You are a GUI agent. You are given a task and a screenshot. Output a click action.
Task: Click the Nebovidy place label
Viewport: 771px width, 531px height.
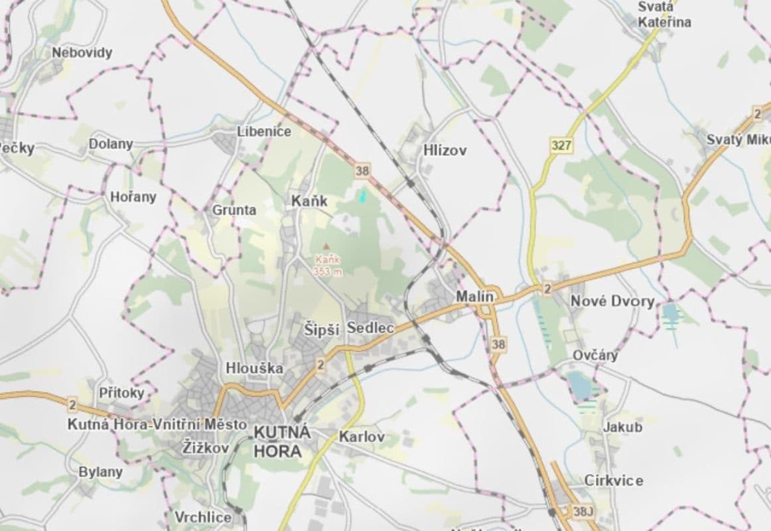[82, 52]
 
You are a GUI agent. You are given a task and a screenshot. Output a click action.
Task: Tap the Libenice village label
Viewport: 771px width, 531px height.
[264, 131]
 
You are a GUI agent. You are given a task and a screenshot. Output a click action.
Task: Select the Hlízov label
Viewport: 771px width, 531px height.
[445, 151]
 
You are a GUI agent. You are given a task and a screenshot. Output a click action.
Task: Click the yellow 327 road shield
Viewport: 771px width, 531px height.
[561, 145]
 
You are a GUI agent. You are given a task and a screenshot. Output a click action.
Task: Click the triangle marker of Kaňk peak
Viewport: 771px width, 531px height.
[326, 246]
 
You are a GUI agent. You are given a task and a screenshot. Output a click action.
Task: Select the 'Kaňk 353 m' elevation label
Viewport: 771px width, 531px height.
[328, 265]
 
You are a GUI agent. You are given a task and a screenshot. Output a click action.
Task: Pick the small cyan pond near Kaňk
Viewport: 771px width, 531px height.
[362, 196]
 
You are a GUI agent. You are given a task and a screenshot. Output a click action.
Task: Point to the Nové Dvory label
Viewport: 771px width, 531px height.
[612, 301]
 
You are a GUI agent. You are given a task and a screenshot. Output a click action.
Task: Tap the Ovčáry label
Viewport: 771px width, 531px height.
[595, 355]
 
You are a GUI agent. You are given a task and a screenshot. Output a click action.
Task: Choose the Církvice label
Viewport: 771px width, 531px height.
[614, 480]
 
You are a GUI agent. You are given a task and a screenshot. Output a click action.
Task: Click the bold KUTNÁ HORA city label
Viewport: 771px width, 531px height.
[282, 441]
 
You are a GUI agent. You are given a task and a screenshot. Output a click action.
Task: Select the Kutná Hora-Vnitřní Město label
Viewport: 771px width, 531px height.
[157, 424]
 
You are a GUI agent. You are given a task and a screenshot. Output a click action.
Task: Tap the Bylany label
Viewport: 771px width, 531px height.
[101, 472]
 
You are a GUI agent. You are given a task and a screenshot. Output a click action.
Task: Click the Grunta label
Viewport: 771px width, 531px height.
[234, 210]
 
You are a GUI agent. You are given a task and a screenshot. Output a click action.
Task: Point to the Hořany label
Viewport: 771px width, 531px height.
[133, 196]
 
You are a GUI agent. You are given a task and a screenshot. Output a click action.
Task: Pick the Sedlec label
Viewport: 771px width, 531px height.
[371, 328]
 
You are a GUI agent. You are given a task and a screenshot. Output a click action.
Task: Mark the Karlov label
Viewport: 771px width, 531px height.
[361, 437]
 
